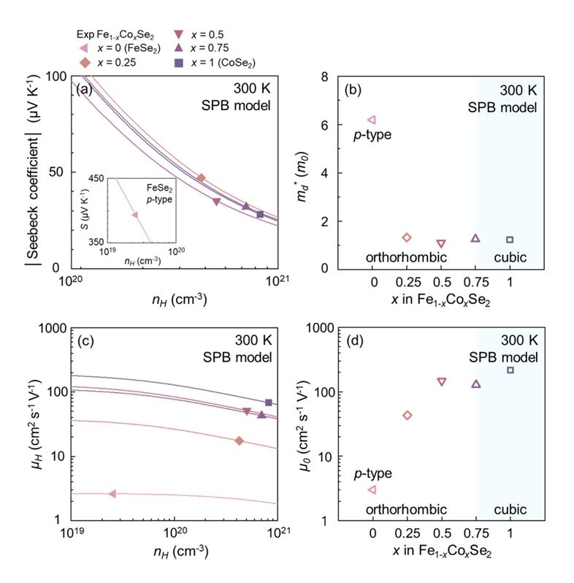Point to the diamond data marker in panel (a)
[202, 178]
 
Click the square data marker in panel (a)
[260, 214]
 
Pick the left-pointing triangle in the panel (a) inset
[134, 215]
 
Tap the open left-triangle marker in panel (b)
[372, 119]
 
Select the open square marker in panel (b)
[510, 240]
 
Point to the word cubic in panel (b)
[510, 258]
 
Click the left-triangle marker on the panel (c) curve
[112, 494]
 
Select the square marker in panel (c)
[269, 403]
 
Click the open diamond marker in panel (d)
[407, 415]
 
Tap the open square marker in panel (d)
[510, 370]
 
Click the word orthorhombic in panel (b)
[397, 258]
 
